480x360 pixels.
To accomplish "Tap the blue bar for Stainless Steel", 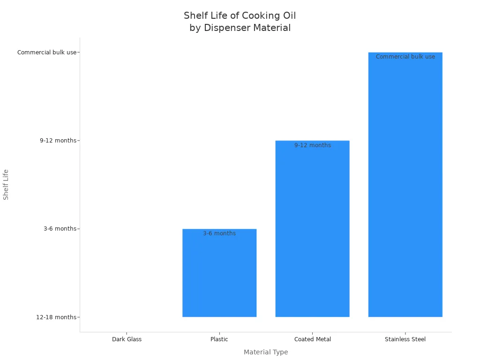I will pyautogui.click(x=405, y=187).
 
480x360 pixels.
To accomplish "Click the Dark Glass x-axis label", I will pyautogui.click(x=127, y=339).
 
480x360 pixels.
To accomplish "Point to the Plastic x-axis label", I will pyautogui.click(x=219, y=339).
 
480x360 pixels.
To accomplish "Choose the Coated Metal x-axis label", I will pyautogui.click(x=312, y=339).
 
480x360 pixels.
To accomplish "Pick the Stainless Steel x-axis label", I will pyautogui.click(x=405, y=339).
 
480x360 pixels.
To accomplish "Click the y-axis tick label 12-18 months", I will pyautogui.click(x=56, y=317).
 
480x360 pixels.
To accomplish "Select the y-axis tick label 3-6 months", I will pyautogui.click(x=60, y=229).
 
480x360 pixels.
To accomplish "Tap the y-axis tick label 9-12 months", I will pyautogui.click(x=58, y=141).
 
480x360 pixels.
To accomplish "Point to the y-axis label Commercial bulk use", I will pyautogui.click(x=47, y=52).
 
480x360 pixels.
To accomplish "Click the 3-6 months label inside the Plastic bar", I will pyautogui.click(x=219, y=233).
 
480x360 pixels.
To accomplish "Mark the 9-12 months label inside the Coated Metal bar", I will pyautogui.click(x=312, y=145).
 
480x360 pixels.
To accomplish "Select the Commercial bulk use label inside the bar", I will pyautogui.click(x=405, y=57).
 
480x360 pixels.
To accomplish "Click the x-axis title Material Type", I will pyautogui.click(x=266, y=352).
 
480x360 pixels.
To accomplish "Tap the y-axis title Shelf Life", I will pyautogui.click(x=6, y=185).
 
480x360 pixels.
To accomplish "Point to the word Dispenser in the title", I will pyautogui.click(x=226, y=28).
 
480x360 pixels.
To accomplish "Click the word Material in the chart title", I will pyautogui.click(x=272, y=28).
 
